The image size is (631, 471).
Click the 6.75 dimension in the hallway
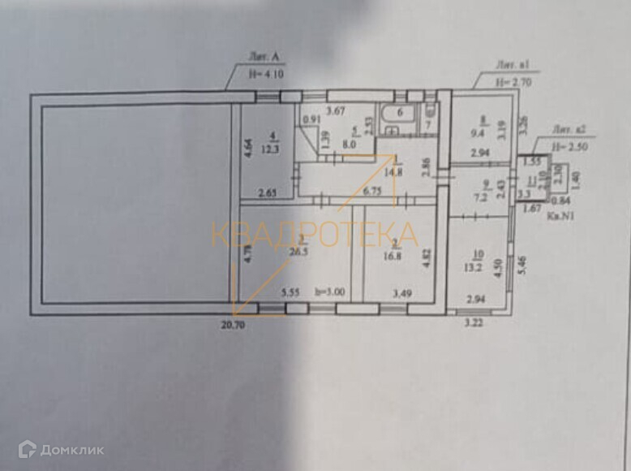click(x=372, y=192)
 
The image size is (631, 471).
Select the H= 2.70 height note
click(x=513, y=82)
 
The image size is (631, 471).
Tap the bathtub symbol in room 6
click(x=398, y=114)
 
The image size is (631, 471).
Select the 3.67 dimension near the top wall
click(x=336, y=110)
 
